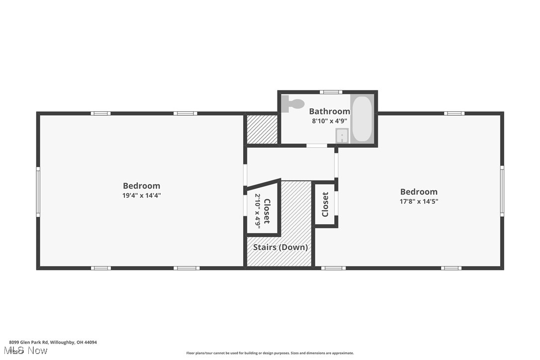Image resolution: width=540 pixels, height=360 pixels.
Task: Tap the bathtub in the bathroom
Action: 361,118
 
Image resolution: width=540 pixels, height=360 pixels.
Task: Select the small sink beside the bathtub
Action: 343,135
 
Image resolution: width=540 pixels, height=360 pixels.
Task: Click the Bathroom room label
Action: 329,111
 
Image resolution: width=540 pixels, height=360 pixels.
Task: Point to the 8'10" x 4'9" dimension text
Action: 329,120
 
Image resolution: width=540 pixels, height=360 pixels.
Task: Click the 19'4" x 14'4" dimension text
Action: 142,195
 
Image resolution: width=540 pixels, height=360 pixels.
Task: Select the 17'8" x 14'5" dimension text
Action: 419,201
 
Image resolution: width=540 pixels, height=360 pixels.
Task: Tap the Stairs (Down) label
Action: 280,247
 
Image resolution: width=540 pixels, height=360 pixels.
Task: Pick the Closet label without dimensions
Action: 325,204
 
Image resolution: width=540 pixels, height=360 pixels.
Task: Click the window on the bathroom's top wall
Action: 331,92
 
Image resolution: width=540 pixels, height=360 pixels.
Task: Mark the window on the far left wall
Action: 38,191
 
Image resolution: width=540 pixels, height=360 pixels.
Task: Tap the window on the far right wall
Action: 502,191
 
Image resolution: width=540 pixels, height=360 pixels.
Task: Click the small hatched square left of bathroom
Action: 262,129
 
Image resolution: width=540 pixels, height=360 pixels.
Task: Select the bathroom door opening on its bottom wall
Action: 317,146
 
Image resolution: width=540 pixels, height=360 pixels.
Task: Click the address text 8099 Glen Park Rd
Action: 52,342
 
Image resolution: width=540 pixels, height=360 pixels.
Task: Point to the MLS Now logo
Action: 28,351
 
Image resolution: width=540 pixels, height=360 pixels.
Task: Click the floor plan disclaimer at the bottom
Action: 270,353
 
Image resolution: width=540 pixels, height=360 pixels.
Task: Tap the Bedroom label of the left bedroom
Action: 142,186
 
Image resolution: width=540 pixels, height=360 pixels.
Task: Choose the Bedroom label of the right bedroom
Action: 419,192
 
